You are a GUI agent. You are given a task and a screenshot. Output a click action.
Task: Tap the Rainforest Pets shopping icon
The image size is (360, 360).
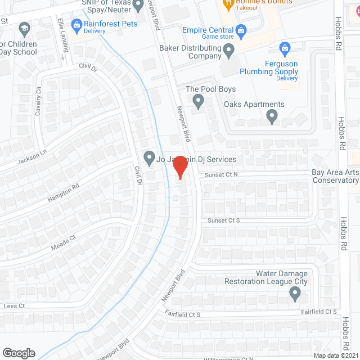click(76, 24)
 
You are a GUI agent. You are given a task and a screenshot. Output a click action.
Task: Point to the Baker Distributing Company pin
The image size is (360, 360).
click(228, 52)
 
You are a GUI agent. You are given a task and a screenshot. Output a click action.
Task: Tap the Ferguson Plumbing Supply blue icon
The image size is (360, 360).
click(285, 47)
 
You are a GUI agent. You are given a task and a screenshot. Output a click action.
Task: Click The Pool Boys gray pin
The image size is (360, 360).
click(198, 102)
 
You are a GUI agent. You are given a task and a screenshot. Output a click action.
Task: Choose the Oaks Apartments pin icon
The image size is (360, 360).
click(272, 117)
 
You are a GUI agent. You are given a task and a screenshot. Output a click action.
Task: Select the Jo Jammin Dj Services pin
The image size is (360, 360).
click(149, 159)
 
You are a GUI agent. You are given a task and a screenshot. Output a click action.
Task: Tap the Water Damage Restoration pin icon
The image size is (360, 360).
click(294, 292)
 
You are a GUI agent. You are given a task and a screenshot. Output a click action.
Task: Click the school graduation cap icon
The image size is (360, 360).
click(24, 28)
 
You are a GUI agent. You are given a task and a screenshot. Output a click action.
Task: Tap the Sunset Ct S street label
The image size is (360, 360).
click(224, 220)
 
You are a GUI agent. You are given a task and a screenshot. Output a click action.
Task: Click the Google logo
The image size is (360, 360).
click(19, 353)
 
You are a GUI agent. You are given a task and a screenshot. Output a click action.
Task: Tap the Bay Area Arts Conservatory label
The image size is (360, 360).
click(335, 176)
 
